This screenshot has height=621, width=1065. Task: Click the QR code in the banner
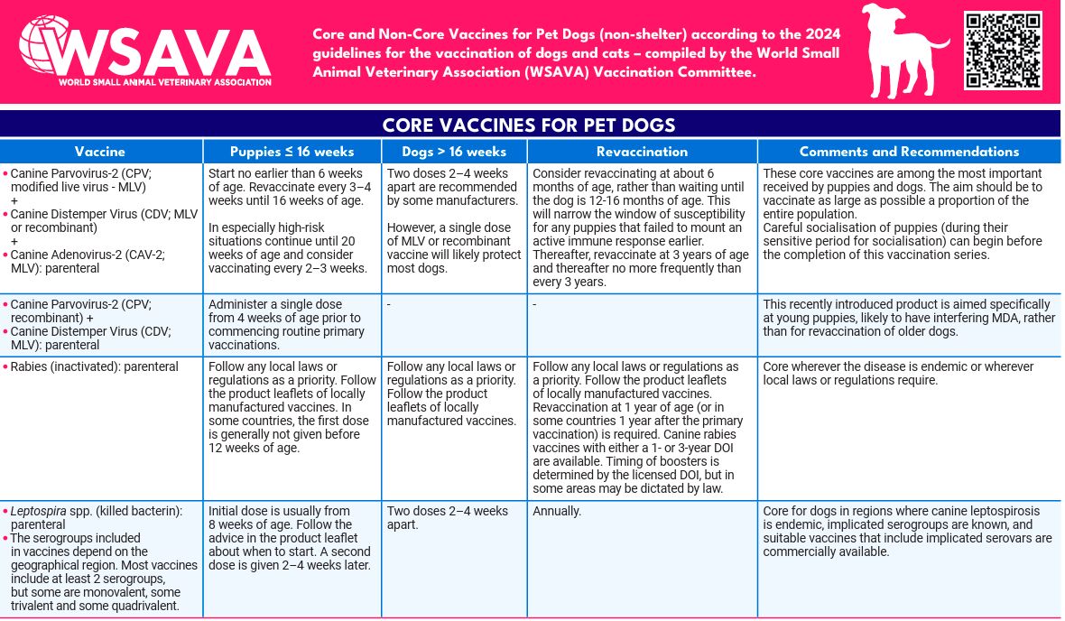point(1003,50)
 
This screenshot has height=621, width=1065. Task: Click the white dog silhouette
point(899,51)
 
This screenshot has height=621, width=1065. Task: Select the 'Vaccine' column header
point(100,152)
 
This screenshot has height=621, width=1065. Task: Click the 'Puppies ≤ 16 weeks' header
point(292,152)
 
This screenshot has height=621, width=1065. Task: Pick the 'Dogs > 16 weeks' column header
point(454,152)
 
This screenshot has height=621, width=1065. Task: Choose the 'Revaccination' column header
point(642,152)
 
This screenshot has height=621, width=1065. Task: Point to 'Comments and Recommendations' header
point(909,152)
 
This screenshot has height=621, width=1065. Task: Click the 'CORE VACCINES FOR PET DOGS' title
point(529,125)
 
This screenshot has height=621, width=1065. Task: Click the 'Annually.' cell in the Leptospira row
point(557,512)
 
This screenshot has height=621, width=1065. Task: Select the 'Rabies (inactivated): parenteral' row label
point(94,367)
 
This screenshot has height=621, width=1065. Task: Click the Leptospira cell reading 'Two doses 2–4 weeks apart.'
point(447,517)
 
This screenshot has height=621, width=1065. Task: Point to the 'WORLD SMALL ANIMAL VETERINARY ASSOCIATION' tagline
point(164,82)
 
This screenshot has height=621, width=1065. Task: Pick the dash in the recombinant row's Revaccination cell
point(535,304)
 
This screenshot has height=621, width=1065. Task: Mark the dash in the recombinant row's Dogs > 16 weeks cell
point(389,304)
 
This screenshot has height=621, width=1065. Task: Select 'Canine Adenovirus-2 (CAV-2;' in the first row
point(88,255)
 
